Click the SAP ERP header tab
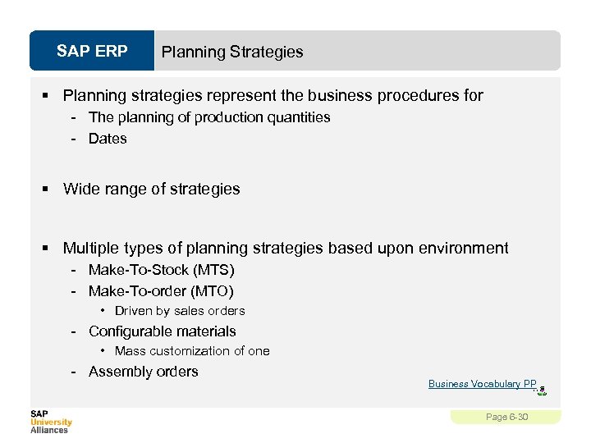(92, 52)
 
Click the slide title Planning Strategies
(232, 52)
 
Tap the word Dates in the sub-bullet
(108, 139)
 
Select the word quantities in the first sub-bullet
(295, 117)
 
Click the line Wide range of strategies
(152, 189)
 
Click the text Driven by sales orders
(180, 311)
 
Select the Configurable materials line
(163, 331)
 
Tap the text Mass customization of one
(192, 351)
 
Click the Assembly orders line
(144, 372)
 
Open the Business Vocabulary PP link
(482, 384)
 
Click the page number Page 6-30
(506, 417)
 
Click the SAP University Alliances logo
(51, 422)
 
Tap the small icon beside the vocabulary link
(542, 390)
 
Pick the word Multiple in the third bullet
(90, 248)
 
